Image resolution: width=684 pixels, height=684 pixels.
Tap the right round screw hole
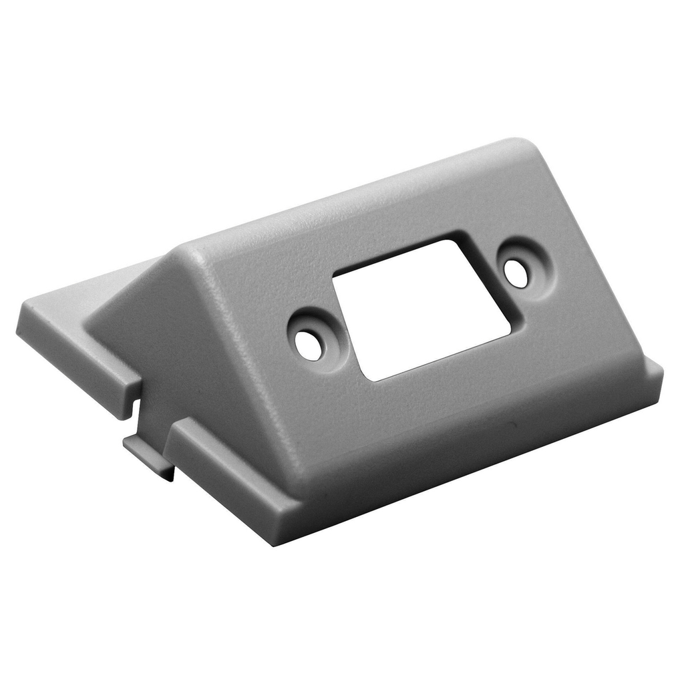click(x=516, y=273)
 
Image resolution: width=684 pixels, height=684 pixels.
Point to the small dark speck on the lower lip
click(x=512, y=425)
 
